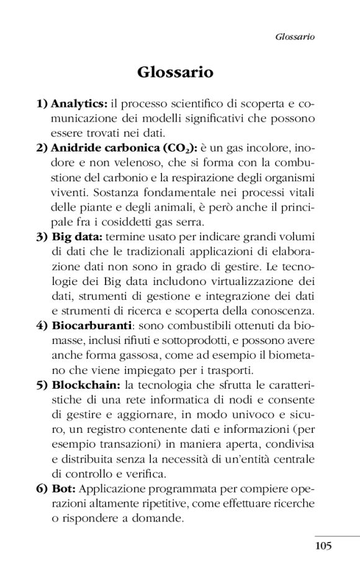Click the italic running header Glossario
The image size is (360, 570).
pos(295,37)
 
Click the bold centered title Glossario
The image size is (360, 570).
pos(175,73)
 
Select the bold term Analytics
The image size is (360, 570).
pos(79,102)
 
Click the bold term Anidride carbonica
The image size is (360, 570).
pos(104,149)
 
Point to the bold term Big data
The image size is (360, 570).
pos(78,237)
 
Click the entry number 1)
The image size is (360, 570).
pos(42,102)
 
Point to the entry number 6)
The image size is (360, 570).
pos(42,488)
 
